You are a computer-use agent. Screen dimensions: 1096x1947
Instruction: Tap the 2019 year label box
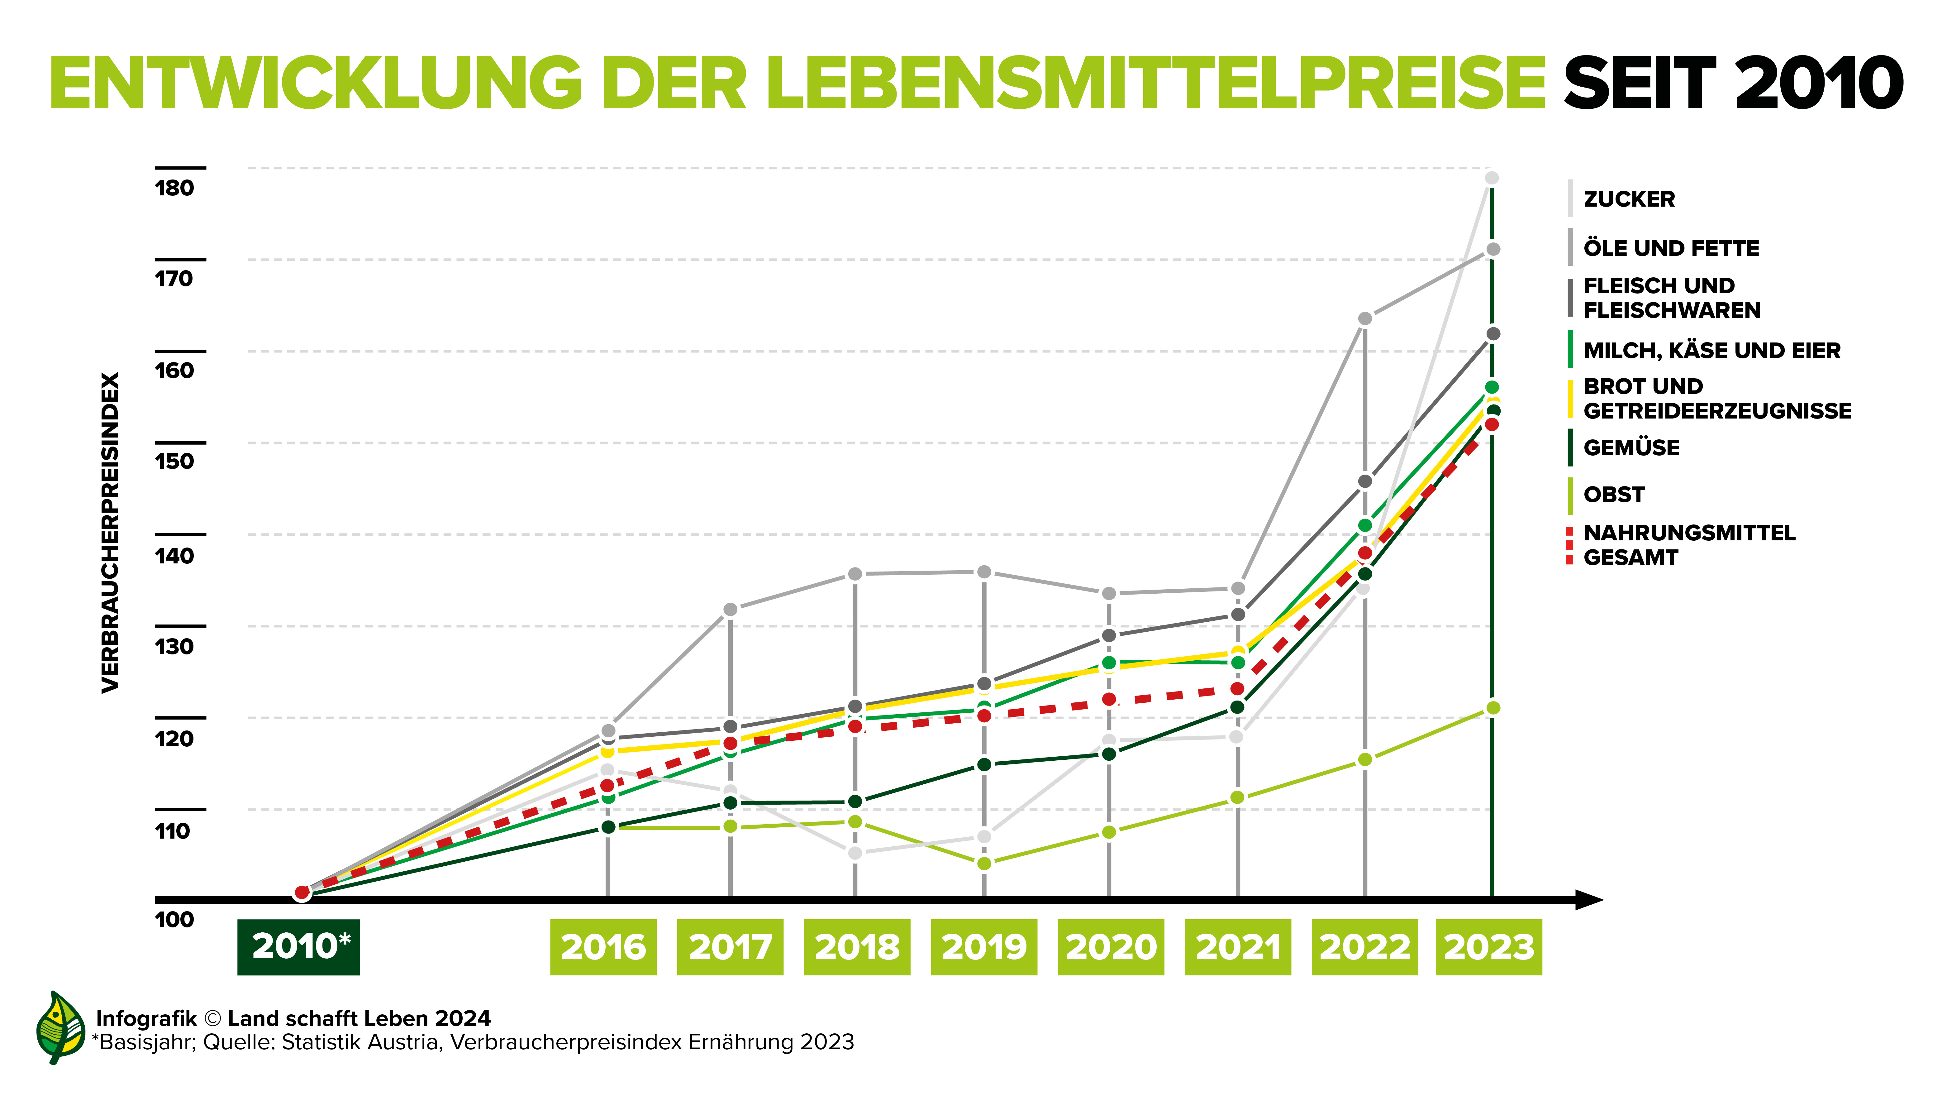coord(984,946)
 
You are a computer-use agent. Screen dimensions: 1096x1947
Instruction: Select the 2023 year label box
coord(1489,946)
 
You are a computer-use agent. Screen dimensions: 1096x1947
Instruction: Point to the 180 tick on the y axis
coord(174,188)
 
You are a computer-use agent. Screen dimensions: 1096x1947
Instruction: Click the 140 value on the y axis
coord(174,556)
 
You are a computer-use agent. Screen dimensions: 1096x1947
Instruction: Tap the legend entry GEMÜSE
coord(1631,447)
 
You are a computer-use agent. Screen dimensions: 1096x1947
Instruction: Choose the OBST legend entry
coord(1614,494)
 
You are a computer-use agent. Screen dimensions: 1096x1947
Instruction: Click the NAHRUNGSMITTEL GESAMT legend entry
coord(1688,545)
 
